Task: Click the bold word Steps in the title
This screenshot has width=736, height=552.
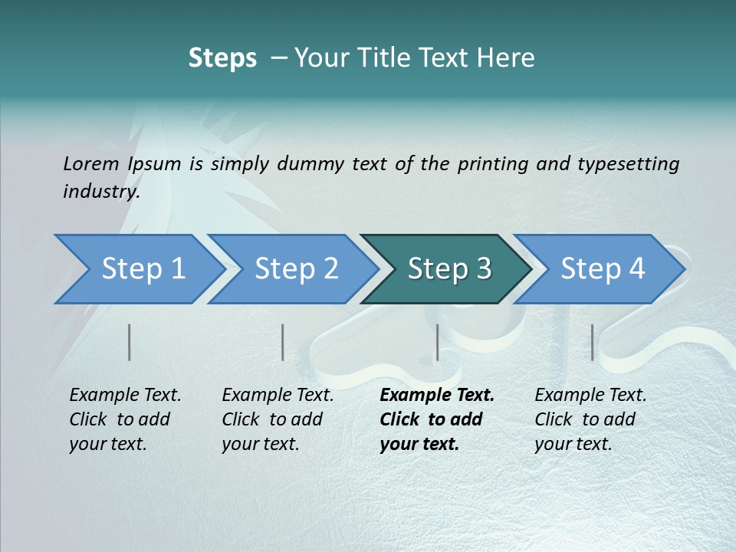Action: (x=222, y=58)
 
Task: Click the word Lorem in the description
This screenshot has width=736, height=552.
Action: (x=91, y=164)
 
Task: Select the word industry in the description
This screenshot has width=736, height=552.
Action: (x=100, y=192)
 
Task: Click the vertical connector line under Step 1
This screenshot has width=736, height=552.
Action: (x=130, y=342)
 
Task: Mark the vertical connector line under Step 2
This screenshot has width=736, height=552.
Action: (x=283, y=342)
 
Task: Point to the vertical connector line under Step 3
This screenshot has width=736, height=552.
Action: (x=437, y=342)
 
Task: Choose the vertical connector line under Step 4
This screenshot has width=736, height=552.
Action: (x=592, y=342)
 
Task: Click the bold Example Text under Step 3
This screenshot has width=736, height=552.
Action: (x=437, y=396)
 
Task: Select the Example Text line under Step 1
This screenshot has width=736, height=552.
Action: (x=125, y=396)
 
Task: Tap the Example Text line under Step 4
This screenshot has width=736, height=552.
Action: (x=590, y=396)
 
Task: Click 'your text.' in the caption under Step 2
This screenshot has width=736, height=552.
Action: (x=260, y=444)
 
